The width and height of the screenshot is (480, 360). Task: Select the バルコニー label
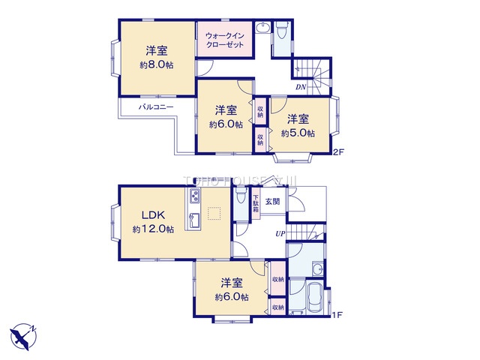pyautogui.click(x=156, y=107)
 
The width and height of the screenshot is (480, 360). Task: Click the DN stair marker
pyautogui.click(x=300, y=88)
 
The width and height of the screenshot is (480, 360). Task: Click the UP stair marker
pyautogui.click(x=279, y=234)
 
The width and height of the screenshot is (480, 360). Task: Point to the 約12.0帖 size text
pyautogui.click(x=153, y=229)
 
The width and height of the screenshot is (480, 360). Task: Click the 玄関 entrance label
pyautogui.click(x=272, y=201)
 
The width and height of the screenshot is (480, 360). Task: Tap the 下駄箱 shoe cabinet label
pyautogui.click(x=256, y=204)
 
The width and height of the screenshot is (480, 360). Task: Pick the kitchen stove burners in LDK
pyautogui.click(x=193, y=196)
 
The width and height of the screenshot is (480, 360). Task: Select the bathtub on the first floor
pyautogui.click(x=314, y=298)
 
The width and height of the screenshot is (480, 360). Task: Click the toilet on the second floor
pyautogui.click(x=282, y=31)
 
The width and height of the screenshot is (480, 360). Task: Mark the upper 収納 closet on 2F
pyautogui.click(x=260, y=112)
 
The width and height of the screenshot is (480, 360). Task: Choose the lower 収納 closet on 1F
pyautogui.click(x=277, y=307)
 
